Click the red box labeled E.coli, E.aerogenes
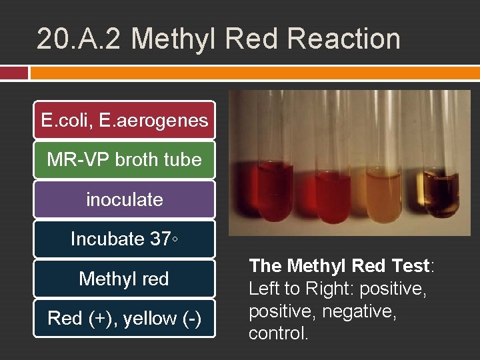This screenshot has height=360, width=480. click(x=124, y=121)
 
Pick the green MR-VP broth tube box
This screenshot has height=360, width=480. click(x=124, y=160)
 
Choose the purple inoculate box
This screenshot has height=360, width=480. click(x=124, y=199)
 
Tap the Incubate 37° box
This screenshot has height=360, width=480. click(x=124, y=239)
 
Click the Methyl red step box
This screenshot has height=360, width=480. click(x=124, y=279)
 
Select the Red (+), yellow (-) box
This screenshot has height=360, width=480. click(x=124, y=319)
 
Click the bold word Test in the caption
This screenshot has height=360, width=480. click(x=408, y=266)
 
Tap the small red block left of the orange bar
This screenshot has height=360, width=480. click(x=14, y=73)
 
